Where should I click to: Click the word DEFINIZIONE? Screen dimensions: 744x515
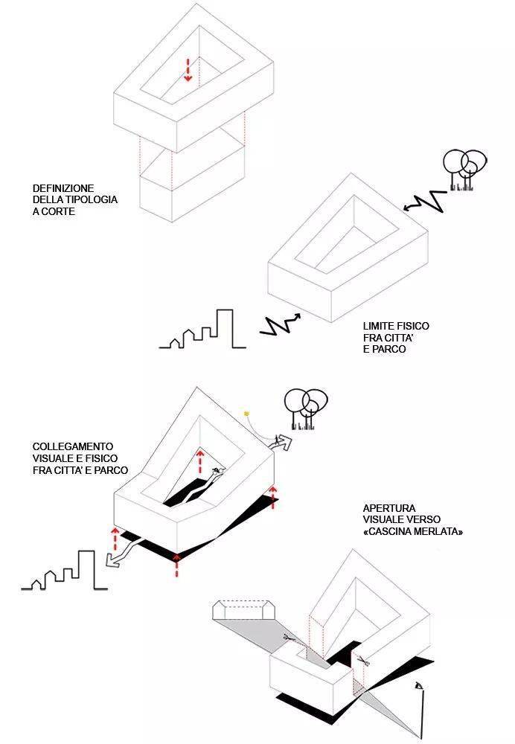pos(63,189)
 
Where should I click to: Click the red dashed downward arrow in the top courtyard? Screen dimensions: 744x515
pos(188,69)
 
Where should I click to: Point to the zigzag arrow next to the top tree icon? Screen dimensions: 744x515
pos(421,200)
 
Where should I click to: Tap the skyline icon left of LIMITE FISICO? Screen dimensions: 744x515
pos(202,332)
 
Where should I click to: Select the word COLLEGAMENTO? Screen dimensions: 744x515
pos(68,448)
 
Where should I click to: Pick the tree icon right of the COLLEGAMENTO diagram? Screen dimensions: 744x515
pos(305,409)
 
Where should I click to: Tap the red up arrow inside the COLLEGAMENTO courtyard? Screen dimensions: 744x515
pos(199,461)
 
